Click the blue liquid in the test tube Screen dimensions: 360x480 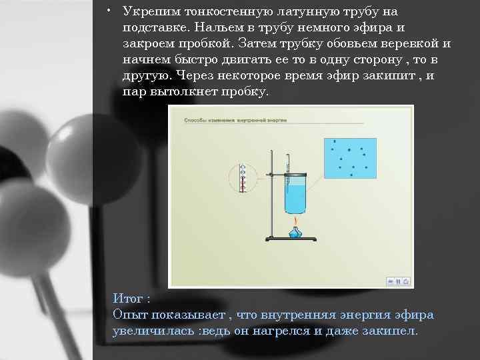coord(295,198)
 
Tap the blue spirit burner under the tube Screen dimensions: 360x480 coord(295,232)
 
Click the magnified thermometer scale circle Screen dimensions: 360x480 coord(243,178)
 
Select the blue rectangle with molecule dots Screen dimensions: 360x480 coord(349,157)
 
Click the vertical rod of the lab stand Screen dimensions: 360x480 coord(270,200)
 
